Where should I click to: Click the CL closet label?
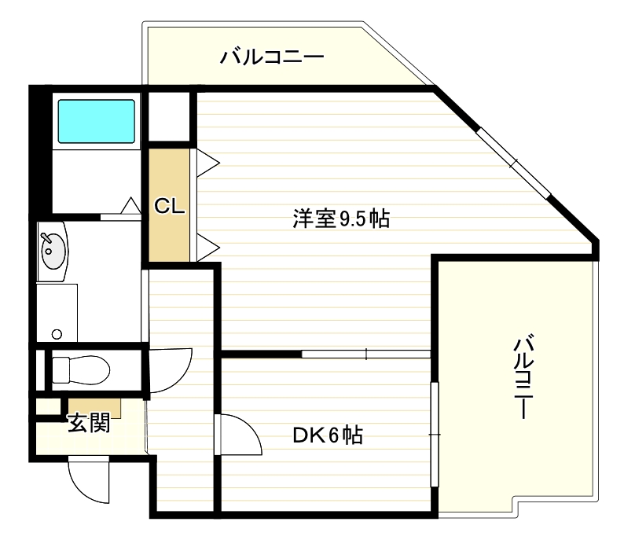(x=168, y=206)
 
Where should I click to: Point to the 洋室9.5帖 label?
(x=341, y=219)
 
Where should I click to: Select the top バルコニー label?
(x=272, y=57)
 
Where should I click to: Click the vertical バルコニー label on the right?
(x=524, y=377)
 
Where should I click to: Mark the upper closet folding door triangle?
(x=207, y=163)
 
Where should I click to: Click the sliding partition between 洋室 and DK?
(x=366, y=354)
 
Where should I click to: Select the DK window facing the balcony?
(x=435, y=434)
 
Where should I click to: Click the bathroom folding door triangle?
(x=130, y=206)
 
